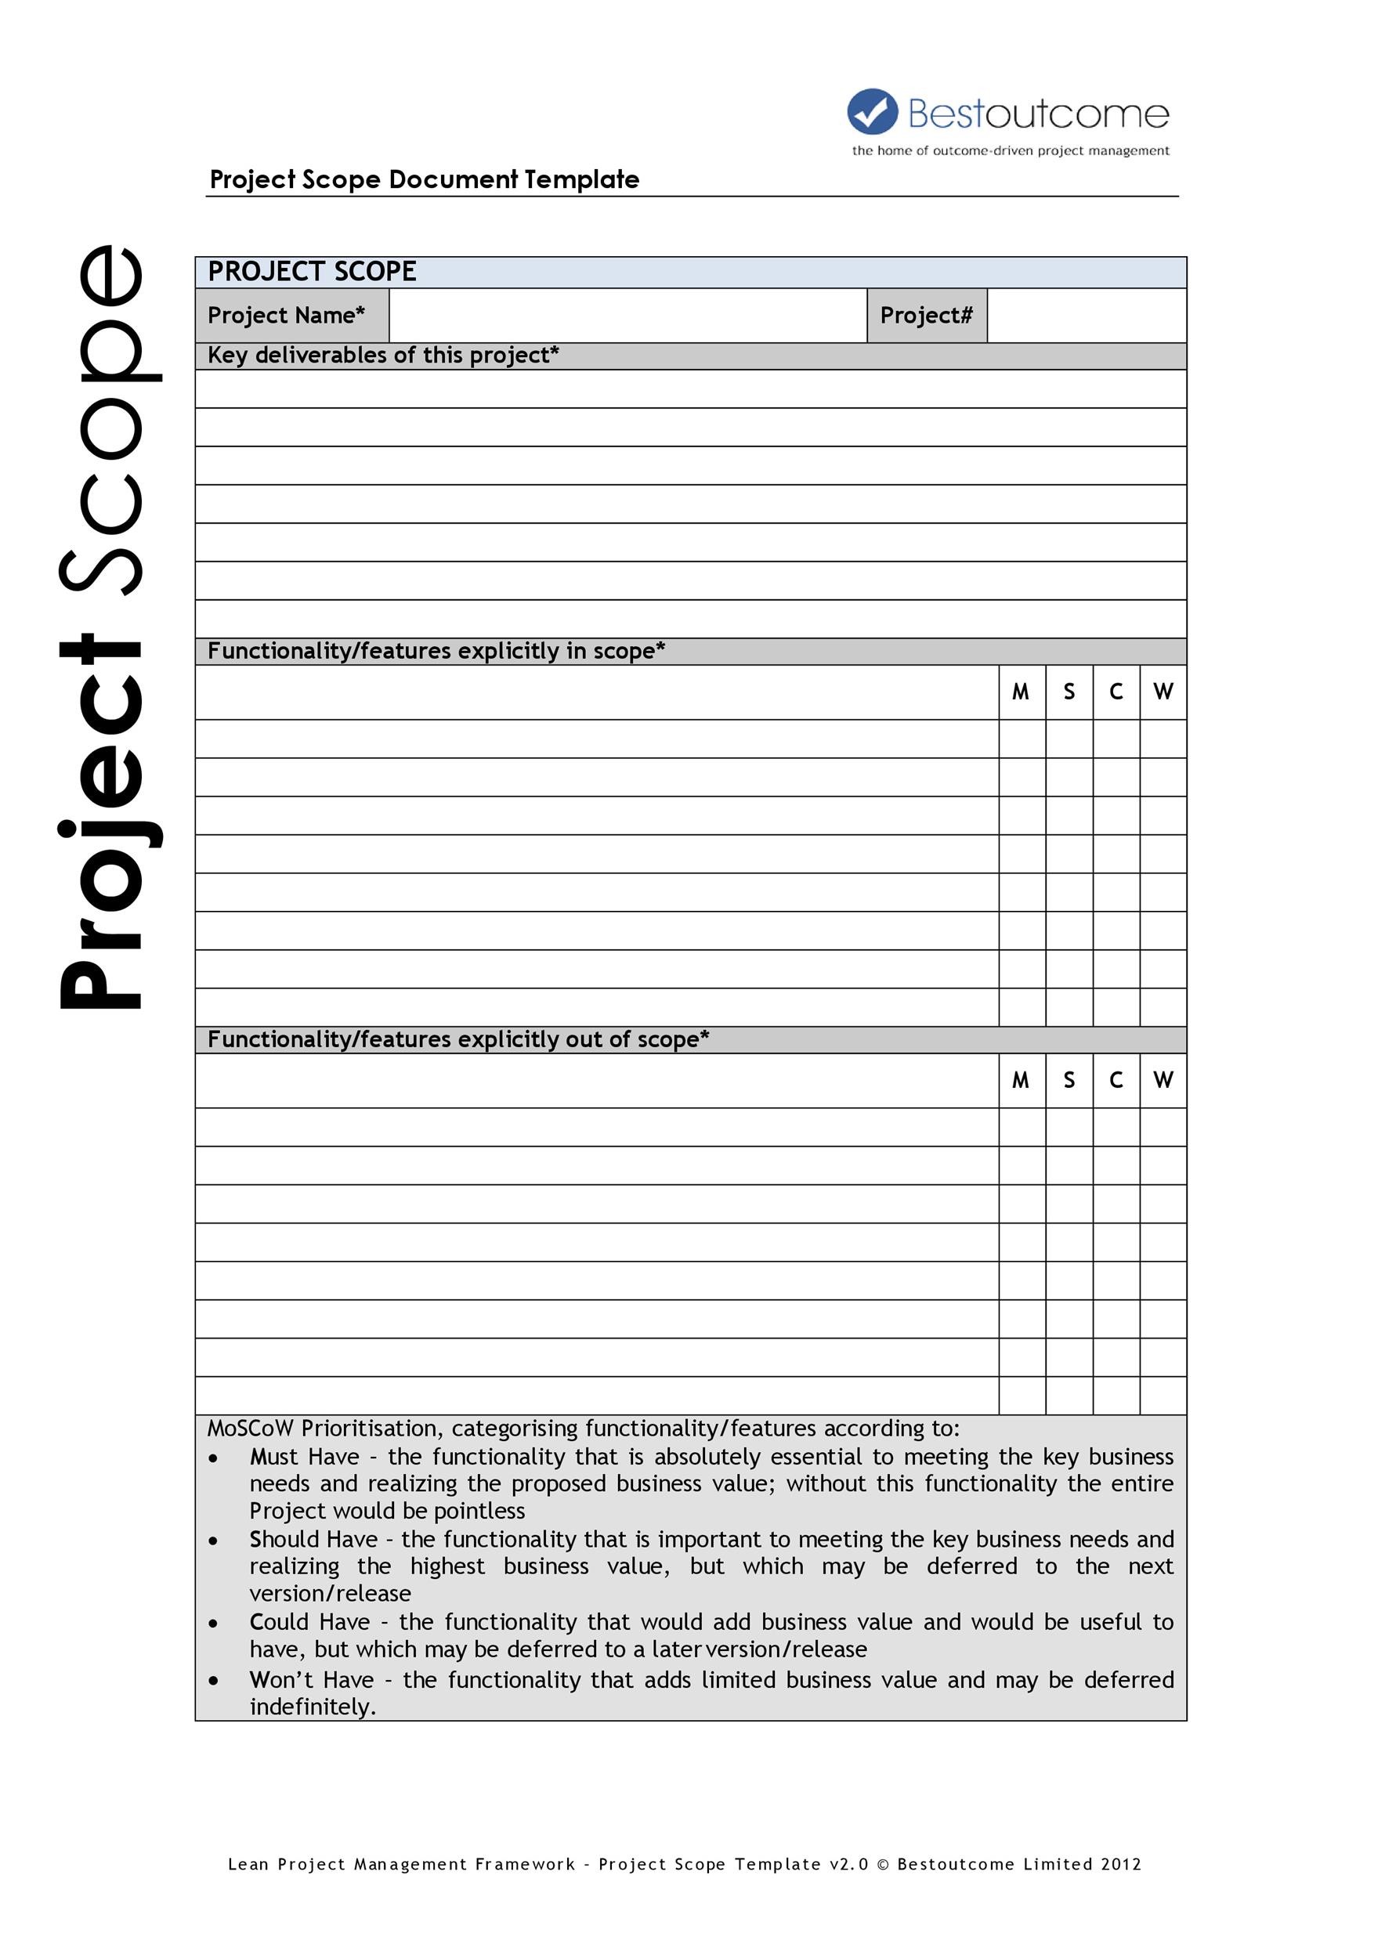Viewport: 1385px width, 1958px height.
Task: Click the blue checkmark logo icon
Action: [872, 112]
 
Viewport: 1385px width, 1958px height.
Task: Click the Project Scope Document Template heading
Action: [424, 179]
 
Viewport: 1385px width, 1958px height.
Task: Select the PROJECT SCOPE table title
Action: [312, 272]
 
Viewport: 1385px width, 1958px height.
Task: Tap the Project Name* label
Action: [287, 316]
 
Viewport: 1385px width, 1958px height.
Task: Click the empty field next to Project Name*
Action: [627, 316]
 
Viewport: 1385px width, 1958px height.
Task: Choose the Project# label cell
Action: [926, 316]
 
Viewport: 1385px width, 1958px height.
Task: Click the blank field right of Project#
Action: [1086, 316]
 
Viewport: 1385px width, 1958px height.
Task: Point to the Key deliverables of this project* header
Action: [383, 356]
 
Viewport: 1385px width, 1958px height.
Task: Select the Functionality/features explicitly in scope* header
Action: [436, 652]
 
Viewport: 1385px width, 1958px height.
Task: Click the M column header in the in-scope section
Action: [1021, 692]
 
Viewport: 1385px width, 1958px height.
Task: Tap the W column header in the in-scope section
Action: [1163, 692]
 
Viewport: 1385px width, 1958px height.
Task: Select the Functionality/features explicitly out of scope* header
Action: [458, 1039]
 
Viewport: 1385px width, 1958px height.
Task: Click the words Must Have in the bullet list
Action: [305, 1458]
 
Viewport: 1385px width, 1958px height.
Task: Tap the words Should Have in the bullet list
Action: [313, 1539]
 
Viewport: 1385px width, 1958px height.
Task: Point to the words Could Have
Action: [309, 1621]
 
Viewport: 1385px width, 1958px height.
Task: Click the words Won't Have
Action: [311, 1679]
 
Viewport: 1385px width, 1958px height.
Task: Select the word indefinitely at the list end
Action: [312, 1707]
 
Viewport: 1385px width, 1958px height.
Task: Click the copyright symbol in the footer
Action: [883, 1864]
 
